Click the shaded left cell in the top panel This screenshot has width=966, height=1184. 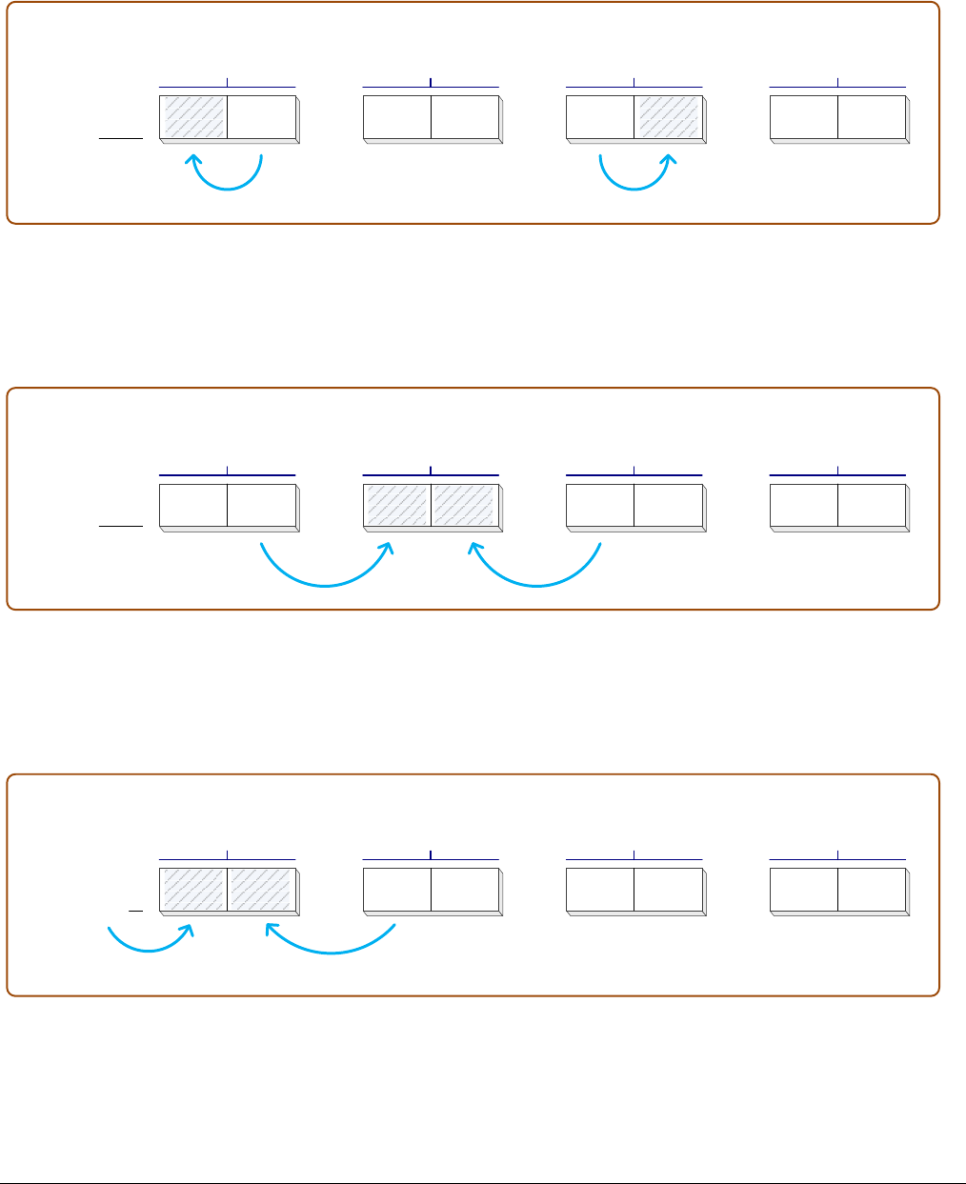(194, 116)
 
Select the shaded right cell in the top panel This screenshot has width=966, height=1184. (668, 116)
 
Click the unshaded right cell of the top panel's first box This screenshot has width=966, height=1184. (262, 116)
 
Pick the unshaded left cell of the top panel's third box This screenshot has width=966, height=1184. (600, 116)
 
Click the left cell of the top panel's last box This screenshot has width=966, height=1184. (804, 116)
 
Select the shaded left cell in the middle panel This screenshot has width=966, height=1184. (397, 504)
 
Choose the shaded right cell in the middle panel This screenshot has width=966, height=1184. (465, 504)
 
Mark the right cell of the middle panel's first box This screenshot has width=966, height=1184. (262, 504)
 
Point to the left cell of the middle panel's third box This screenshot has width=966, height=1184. (600, 504)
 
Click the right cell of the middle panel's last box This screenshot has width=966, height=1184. (872, 504)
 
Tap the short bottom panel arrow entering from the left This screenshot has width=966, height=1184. (151, 949)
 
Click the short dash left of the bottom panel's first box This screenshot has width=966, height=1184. (135, 912)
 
